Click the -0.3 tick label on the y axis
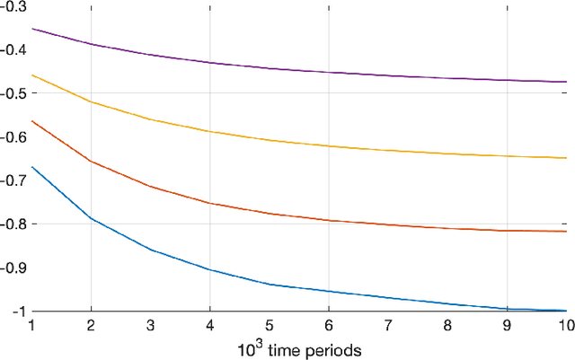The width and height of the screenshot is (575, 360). pyautogui.click(x=13, y=7)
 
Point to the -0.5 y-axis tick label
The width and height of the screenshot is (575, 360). pyautogui.click(x=13, y=93)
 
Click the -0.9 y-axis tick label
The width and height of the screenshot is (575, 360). pyautogui.click(x=13, y=268)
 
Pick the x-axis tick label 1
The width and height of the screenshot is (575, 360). pyautogui.click(x=31, y=325)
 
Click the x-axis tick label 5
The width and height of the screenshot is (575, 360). pyautogui.click(x=270, y=325)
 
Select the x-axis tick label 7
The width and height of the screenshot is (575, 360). pyautogui.click(x=388, y=325)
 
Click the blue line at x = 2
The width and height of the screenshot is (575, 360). pyautogui.click(x=91, y=218)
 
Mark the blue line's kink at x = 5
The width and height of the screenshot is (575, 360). pyautogui.click(x=270, y=285)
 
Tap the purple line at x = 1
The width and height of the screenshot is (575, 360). pyautogui.click(x=31, y=28)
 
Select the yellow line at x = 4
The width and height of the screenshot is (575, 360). pyautogui.click(x=209, y=132)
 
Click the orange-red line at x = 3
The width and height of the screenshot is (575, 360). pyautogui.click(x=150, y=187)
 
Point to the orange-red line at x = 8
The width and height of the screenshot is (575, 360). pyautogui.click(x=447, y=228)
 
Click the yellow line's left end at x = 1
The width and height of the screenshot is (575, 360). pyautogui.click(x=31, y=75)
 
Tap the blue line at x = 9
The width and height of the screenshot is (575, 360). pyautogui.click(x=508, y=308)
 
